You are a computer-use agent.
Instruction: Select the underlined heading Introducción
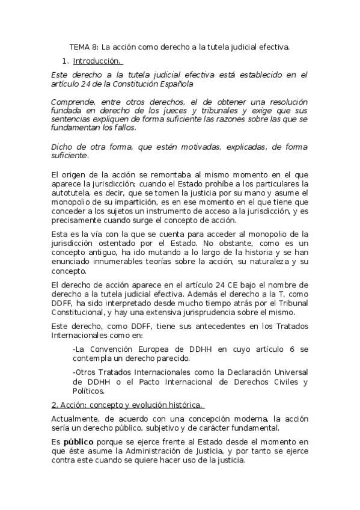click(97, 61)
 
